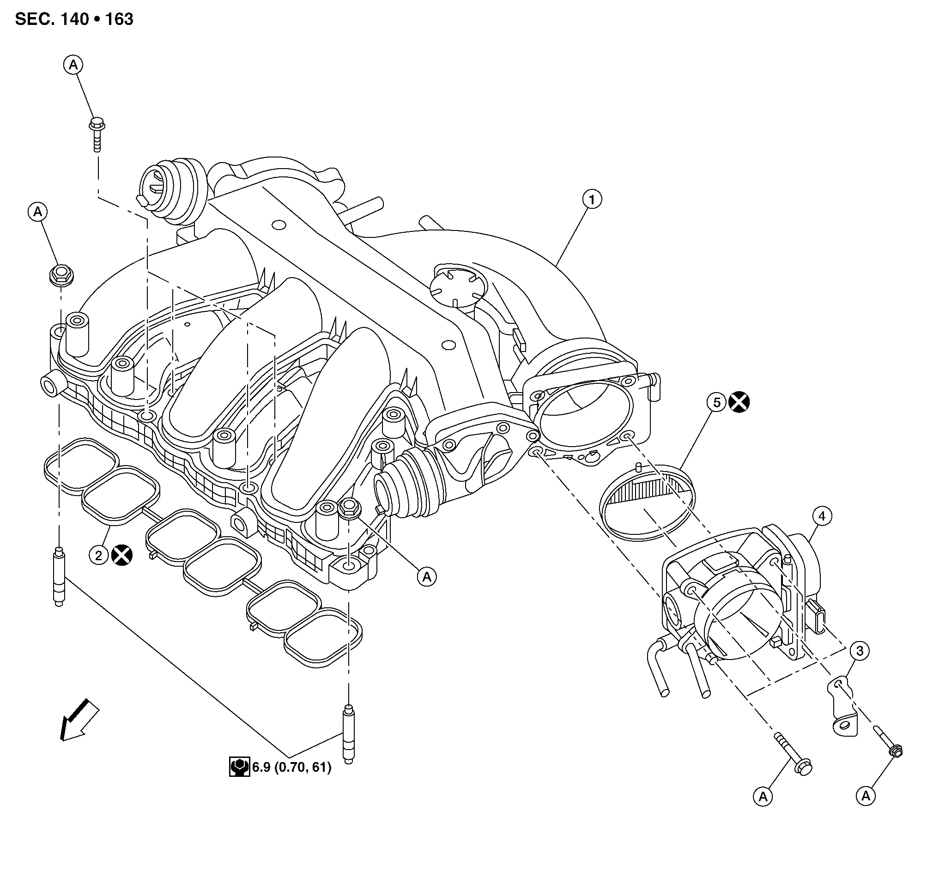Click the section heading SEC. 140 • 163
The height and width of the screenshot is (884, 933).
click(74, 19)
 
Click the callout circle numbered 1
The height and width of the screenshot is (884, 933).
click(592, 200)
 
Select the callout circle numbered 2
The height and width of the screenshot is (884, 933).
click(98, 556)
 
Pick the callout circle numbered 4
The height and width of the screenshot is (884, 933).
click(822, 516)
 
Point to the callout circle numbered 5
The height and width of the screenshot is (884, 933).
click(717, 402)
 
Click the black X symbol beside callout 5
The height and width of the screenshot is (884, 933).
click(739, 402)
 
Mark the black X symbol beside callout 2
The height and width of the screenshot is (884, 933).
click(122, 555)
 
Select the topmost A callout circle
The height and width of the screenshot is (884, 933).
click(73, 65)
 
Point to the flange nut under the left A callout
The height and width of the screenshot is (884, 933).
click(61, 275)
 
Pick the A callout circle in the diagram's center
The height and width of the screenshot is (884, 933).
click(427, 576)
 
